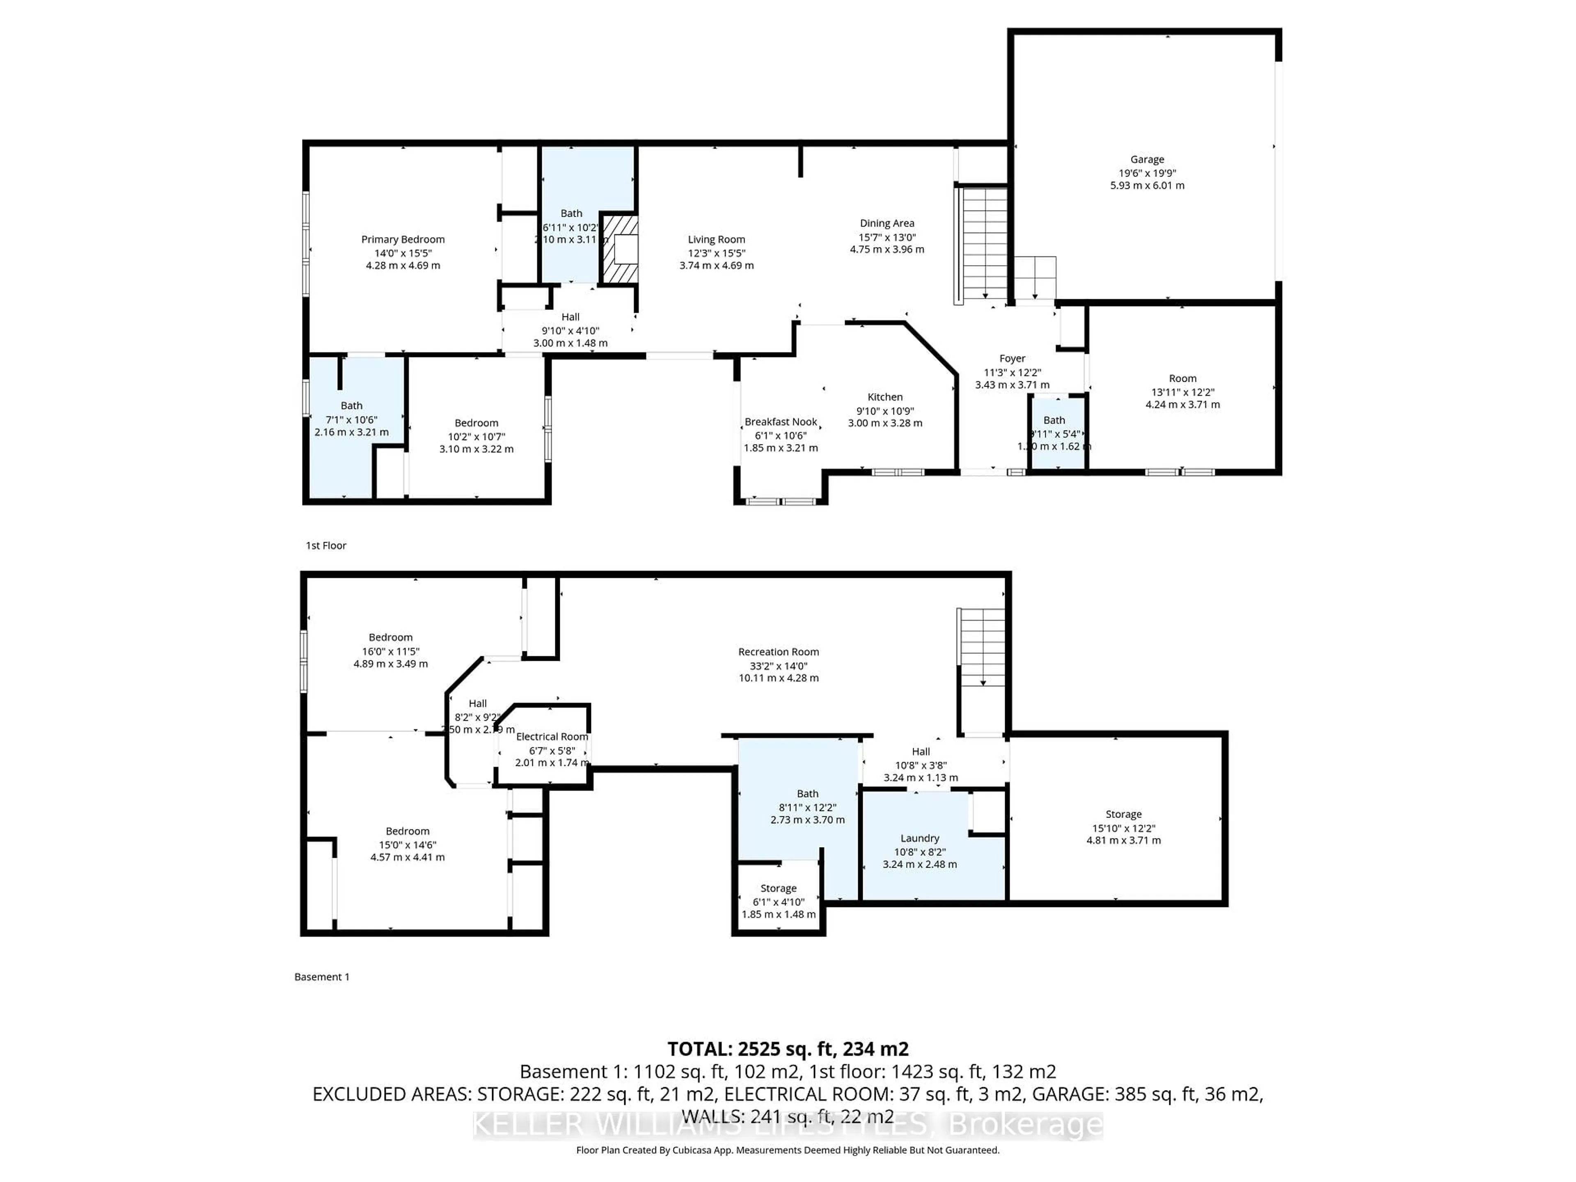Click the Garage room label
1146,160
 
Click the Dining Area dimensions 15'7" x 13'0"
887,237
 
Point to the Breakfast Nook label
781,422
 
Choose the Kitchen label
885,397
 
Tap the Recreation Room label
778,652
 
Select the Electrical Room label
552,737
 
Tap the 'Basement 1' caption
322,977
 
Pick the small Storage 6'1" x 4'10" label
778,889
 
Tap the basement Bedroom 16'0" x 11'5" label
390,638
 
